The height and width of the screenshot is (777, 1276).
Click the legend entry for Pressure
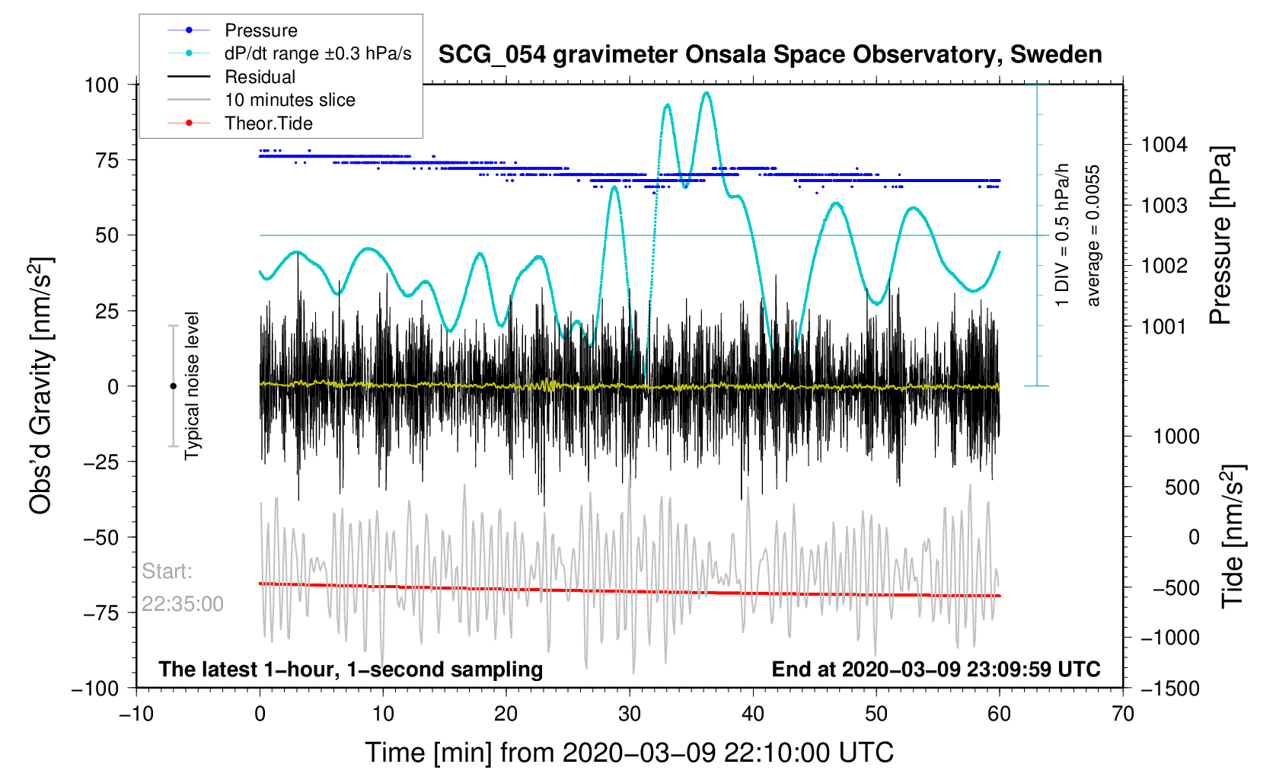point(260,30)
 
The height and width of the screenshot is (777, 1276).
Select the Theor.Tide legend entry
point(268,123)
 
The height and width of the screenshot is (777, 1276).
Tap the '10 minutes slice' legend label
point(289,100)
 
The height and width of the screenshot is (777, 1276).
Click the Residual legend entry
point(260,77)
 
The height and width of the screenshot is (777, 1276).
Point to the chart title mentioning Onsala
point(770,55)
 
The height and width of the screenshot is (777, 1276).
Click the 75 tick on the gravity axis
point(102,160)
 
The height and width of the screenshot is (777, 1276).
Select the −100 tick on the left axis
point(95,688)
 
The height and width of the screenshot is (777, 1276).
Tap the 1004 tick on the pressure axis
point(1163,145)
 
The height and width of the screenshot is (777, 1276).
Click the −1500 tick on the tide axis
point(1169,688)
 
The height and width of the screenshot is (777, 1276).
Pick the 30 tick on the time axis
point(630,714)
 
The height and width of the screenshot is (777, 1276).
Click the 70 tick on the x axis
point(1122,714)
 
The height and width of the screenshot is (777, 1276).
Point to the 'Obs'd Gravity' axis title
point(41,385)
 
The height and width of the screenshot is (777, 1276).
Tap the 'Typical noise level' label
point(192,385)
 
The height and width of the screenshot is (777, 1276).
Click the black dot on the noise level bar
point(173,386)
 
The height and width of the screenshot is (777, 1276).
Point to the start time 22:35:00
point(183,604)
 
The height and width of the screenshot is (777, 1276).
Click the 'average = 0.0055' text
point(1093,235)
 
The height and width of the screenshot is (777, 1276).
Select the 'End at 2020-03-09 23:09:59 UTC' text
point(936,670)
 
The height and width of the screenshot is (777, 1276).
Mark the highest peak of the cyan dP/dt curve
point(707,93)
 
